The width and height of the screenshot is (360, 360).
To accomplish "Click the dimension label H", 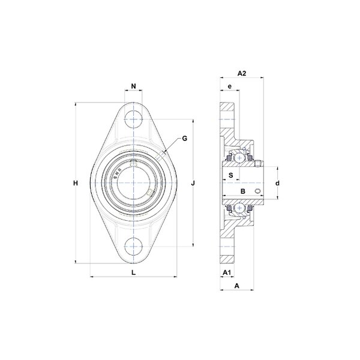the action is pos(76,183).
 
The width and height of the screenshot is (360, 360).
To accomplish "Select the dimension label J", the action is pos(193,183).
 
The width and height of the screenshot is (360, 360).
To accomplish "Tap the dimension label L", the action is pos(133,272).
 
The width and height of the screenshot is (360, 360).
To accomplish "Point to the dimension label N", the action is pos(133,86).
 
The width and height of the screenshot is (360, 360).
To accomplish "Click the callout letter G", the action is pos(185,139).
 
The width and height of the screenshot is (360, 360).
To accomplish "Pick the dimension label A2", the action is pos(242,73).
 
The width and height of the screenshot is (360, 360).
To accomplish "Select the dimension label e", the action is pos(230,86).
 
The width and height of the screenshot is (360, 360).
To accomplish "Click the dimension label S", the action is pos(231,175).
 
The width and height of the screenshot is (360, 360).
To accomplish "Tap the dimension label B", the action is pos(242,191).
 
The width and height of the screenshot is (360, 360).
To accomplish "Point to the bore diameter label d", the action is pos(278,183).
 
